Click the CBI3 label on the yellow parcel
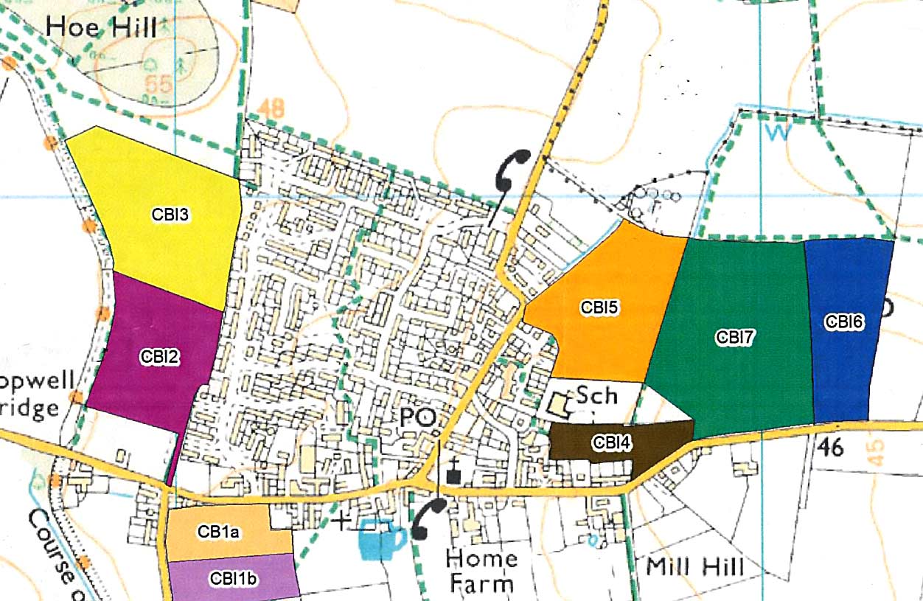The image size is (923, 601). coord(171,215)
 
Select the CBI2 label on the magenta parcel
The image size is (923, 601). coord(159,356)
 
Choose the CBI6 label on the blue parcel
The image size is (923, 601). coord(844,322)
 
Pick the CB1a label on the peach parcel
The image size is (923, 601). coord(217,531)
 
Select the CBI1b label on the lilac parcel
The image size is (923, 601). coord(233,579)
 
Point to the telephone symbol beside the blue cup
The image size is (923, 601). coord(429,518)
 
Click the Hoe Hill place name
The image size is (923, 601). coord(101,28)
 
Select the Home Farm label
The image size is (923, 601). coord(481,570)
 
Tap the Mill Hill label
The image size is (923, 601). coord(694,567)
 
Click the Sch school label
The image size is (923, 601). coord(596,395)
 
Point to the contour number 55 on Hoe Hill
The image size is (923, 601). coord(158,84)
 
